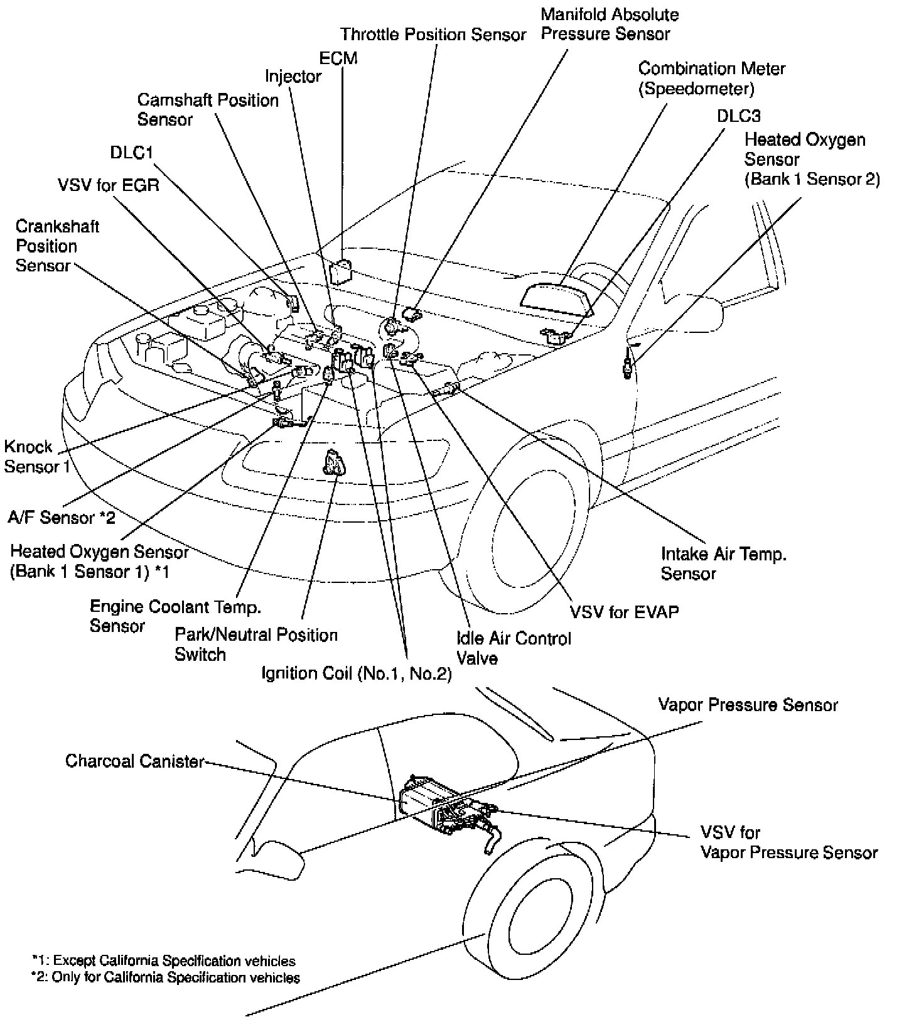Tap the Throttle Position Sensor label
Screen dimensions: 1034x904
point(433,35)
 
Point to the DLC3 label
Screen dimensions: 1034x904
point(738,116)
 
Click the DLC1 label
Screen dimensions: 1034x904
point(132,153)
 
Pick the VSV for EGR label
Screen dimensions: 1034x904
point(108,185)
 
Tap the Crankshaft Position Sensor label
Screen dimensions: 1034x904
point(56,246)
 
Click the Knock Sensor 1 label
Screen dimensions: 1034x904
point(36,457)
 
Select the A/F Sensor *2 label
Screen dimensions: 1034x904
point(62,517)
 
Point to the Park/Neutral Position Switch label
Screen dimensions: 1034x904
point(256,645)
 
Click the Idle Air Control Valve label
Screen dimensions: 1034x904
point(514,648)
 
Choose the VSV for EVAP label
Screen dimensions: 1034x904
point(624,611)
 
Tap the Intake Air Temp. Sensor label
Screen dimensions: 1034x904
point(723,563)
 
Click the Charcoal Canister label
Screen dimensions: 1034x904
point(135,761)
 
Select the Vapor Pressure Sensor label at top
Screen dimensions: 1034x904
point(748,705)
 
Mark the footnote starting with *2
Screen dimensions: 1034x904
point(165,977)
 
